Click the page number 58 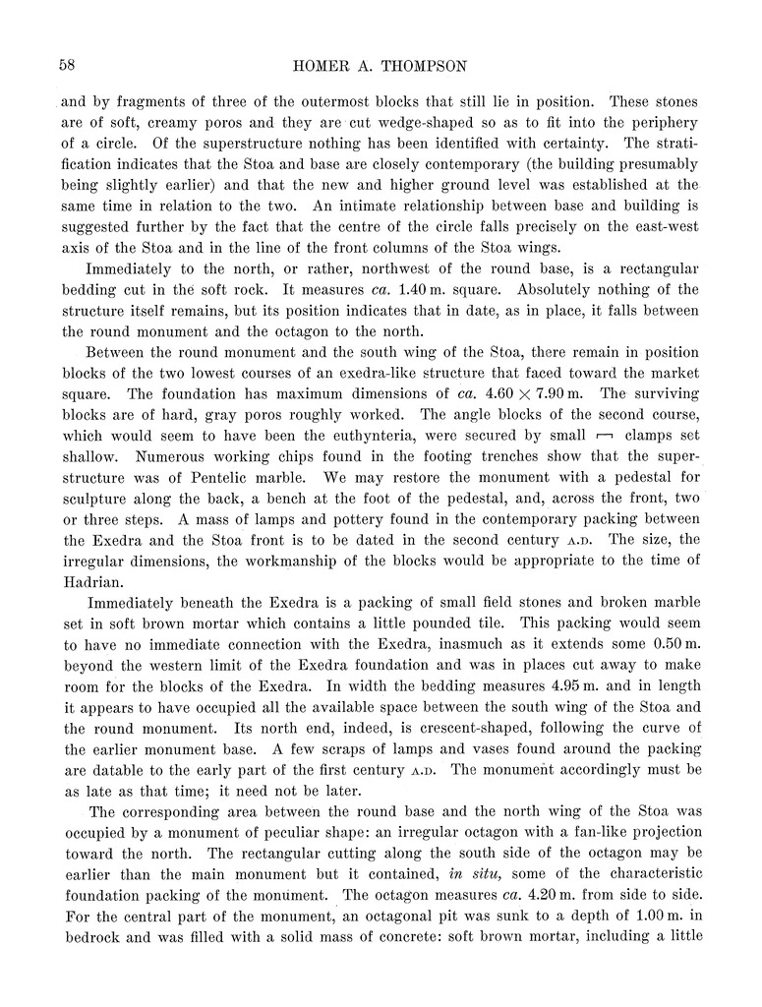point(68,65)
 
